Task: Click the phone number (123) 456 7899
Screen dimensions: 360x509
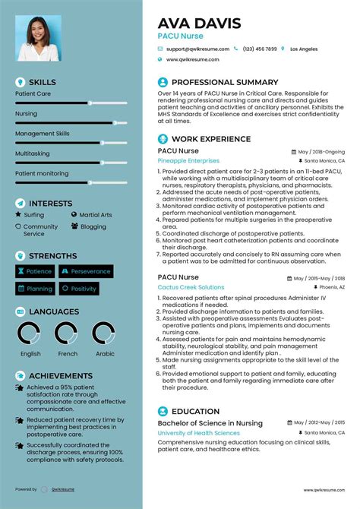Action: click(x=260, y=49)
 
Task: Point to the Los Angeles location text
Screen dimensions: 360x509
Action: click(x=304, y=49)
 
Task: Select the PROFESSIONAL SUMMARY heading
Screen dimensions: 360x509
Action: click(x=225, y=82)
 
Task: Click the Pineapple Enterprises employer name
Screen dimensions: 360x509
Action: click(x=188, y=161)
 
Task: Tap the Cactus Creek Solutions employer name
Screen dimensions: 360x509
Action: click(x=191, y=287)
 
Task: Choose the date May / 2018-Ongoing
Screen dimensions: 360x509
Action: click(x=321, y=151)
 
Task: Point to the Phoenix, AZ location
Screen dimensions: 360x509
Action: click(x=330, y=288)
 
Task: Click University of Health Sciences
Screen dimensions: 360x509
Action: click(x=198, y=432)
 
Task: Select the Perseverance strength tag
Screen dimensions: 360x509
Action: click(x=86, y=271)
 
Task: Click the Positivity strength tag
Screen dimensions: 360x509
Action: click(x=80, y=289)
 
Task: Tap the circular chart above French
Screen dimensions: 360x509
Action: click(x=68, y=334)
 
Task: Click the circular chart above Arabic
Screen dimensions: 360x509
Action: click(x=104, y=334)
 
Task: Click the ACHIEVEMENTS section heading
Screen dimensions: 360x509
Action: click(x=61, y=375)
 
